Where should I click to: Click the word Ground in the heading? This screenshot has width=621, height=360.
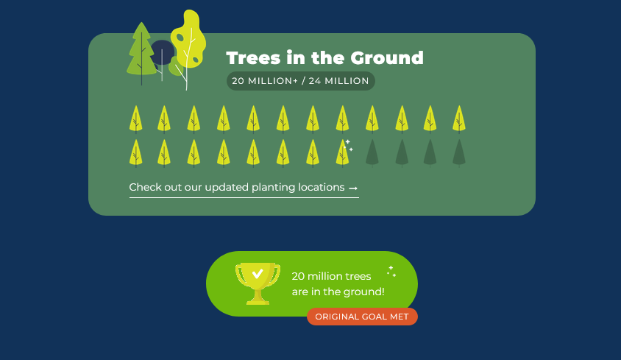pyautogui.click(x=387, y=58)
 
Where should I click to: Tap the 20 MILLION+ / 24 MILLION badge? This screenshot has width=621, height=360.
pyautogui.click(x=301, y=81)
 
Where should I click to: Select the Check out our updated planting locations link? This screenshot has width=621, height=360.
pyautogui.click(x=244, y=188)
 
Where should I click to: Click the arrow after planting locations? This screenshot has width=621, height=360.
pyautogui.click(x=353, y=188)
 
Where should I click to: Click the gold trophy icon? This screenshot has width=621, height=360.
pyautogui.click(x=258, y=283)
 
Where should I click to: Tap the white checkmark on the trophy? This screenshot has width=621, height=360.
pyautogui.click(x=258, y=274)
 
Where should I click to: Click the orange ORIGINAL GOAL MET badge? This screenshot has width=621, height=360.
pyautogui.click(x=362, y=317)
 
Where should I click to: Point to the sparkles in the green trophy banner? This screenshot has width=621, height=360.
pyautogui.click(x=391, y=271)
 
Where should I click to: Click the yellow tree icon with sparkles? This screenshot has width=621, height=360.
pyautogui.click(x=343, y=152)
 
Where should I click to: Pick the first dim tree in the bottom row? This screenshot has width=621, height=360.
pyautogui.click(x=372, y=152)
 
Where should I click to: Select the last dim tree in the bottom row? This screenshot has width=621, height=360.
pyautogui.click(x=459, y=152)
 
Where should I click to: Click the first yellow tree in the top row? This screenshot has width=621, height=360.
pyautogui.click(x=136, y=119)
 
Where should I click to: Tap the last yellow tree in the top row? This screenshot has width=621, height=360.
pyautogui.click(x=459, y=119)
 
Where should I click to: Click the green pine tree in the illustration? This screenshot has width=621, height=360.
pyautogui.click(x=141, y=52)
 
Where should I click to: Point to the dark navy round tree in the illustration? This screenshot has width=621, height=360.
pyautogui.click(x=163, y=52)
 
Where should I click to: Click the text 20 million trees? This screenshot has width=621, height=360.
pyautogui.click(x=332, y=276)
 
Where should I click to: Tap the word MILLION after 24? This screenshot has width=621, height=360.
pyautogui.click(x=347, y=81)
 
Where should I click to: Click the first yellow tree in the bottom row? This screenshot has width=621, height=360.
pyautogui.click(x=136, y=152)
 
